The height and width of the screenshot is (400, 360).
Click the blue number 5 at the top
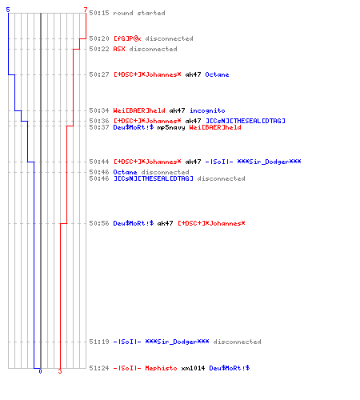click(8, 10)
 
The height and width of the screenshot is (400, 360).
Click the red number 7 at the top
click(86, 10)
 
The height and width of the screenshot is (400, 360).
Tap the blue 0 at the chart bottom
click(40, 371)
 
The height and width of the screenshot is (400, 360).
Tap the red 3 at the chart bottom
click(60, 371)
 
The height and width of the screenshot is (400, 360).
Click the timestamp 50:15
click(99, 13)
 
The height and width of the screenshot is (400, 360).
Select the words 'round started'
click(139, 13)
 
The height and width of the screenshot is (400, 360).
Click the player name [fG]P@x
click(127, 38)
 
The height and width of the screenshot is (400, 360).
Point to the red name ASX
click(119, 49)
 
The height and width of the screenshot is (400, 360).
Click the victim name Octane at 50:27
click(217, 74)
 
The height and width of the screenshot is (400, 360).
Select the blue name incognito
click(207, 110)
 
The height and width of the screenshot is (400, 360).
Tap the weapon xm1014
click(193, 368)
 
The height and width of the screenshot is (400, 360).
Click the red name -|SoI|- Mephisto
click(145, 368)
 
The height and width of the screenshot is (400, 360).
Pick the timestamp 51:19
click(99, 342)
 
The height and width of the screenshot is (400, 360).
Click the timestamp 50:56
click(99, 223)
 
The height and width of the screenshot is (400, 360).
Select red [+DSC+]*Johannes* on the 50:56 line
click(211, 223)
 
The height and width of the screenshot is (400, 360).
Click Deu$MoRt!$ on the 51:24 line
click(230, 368)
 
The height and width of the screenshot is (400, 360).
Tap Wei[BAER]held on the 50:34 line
click(139, 110)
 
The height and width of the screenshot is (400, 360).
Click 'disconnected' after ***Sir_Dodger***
click(237, 342)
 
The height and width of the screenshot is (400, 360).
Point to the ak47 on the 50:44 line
click(193, 162)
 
